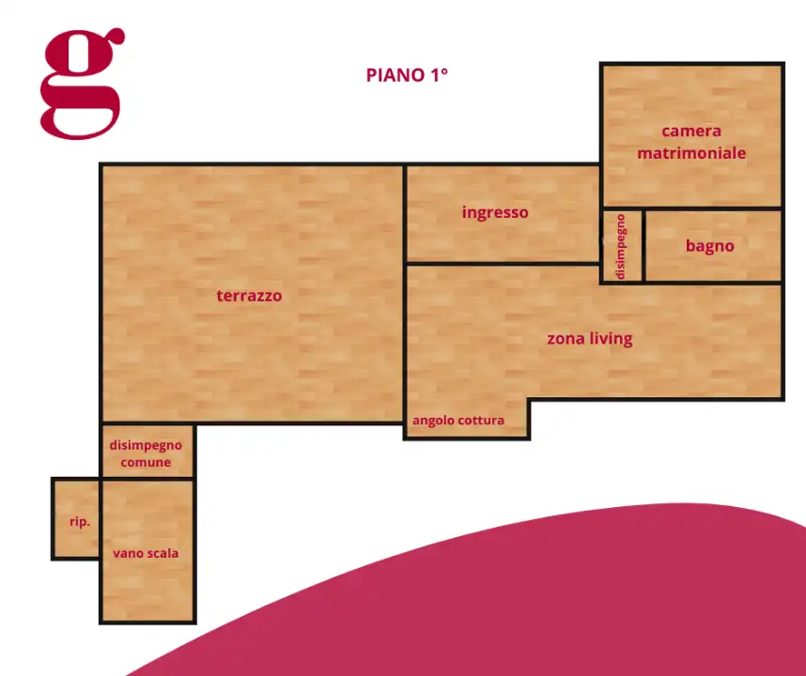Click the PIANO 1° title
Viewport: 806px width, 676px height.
tap(407, 75)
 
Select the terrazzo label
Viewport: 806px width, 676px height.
tap(249, 296)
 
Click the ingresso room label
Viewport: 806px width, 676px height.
tap(495, 213)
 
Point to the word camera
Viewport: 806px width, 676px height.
tap(691, 131)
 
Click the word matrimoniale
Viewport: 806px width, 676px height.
tap(691, 153)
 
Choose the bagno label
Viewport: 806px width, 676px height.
tap(710, 246)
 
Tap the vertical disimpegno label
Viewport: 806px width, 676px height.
tap(621, 247)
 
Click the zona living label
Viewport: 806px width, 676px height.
tap(590, 339)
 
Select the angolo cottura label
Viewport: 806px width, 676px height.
tap(458, 421)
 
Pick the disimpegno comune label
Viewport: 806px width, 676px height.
tap(146, 453)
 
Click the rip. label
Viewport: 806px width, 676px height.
tap(80, 522)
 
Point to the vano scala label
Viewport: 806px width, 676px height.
tap(146, 553)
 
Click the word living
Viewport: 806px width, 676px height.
tap(611, 339)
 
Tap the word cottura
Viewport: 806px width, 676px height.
tap(480, 421)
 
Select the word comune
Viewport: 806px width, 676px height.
tap(146, 462)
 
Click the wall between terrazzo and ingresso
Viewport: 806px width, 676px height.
tap(405, 214)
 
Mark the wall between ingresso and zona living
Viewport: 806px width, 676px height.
tap(503, 264)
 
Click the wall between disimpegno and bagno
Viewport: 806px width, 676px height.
tap(643, 246)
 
